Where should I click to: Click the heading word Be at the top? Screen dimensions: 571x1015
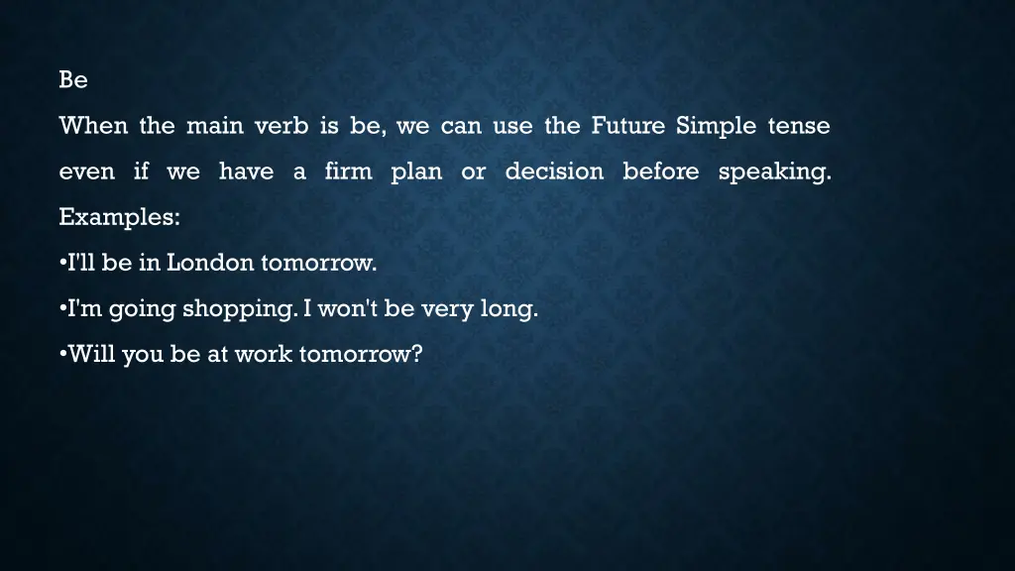[73, 80]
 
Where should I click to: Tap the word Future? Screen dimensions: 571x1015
[628, 126]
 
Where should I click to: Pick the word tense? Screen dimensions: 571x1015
[797, 126]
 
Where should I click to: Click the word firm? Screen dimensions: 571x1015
[348, 171]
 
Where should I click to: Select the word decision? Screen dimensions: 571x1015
[554, 171]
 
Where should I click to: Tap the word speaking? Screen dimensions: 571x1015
[774, 172]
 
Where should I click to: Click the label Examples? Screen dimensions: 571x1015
[119, 217]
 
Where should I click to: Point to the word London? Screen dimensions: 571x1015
[210, 263]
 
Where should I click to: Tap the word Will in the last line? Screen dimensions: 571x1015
[92, 354]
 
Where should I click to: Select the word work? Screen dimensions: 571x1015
[263, 354]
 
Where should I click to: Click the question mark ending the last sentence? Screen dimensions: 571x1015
[416, 354]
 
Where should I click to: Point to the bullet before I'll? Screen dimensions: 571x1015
[62, 263]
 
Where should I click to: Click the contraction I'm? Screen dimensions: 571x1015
[84, 308]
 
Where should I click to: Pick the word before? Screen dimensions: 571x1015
[661, 171]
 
